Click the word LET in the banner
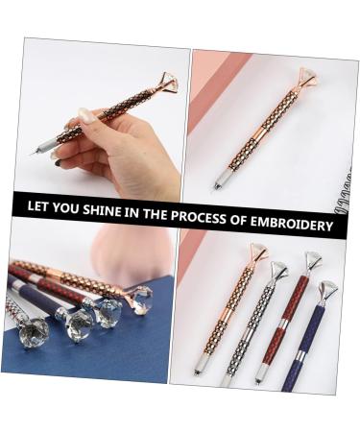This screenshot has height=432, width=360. (40, 206)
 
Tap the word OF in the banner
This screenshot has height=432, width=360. (237, 220)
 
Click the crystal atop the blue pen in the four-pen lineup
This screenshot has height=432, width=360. (327, 290)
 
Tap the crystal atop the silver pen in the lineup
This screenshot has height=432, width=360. (278, 271)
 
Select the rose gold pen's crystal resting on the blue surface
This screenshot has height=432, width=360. (137, 301)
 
